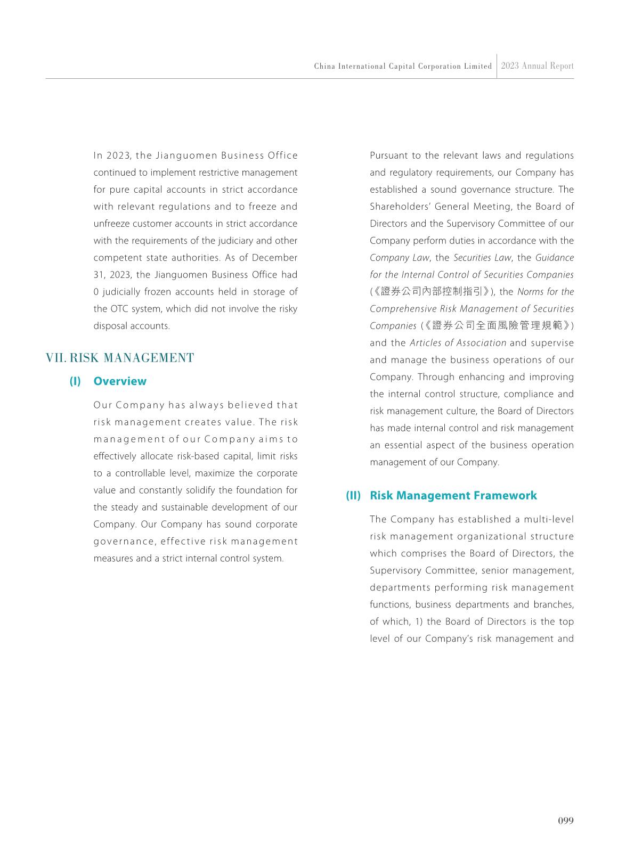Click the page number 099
pyautogui.click(x=566, y=821)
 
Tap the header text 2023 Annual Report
pyautogui.click(x=537, y=66)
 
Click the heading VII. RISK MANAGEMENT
pyautogui.click(x=120, y=358)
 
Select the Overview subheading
pyautogui.click(x=120, y=381)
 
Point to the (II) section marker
pyautogui.click(x=353, y=496)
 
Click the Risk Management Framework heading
pyautogui.click(x=453, y=496)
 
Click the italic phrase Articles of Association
pyautogui.click(x=458, y=343)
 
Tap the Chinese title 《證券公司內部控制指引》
pyautogui.click(x=433, y=292)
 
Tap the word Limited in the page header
pyautogui.click(x=478, y=67)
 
